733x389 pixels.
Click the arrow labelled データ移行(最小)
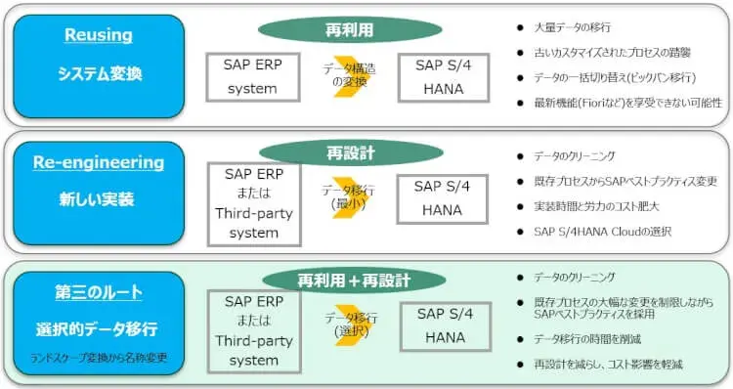point(350,198)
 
